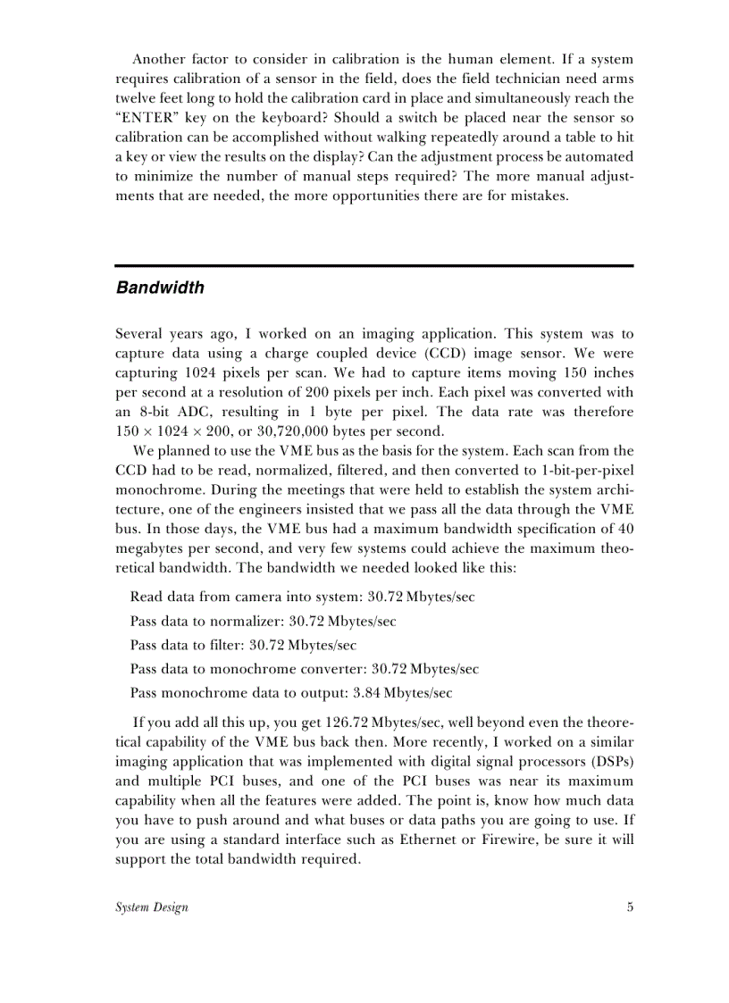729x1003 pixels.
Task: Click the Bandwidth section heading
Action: coord(160,288)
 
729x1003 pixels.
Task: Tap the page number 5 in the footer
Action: coord(630,907)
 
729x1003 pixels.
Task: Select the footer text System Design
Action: coord(152,907)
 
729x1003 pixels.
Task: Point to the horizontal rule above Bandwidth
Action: coord(374,266)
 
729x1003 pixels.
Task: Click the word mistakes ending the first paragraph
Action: coord(539,196)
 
